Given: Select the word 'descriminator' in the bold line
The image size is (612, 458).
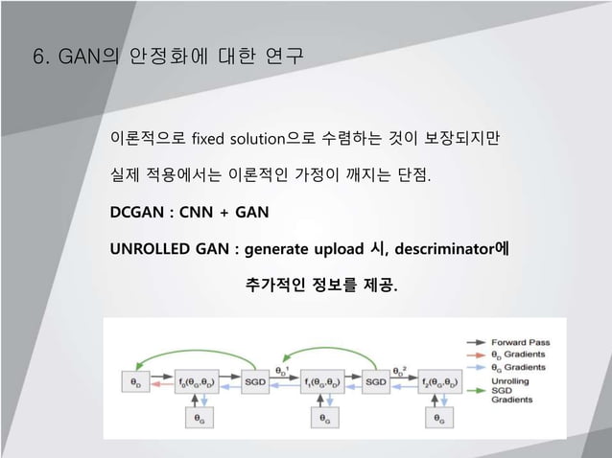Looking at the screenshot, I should [x=444, y=249].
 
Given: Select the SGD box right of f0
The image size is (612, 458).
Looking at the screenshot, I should [x=257, y=381].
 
